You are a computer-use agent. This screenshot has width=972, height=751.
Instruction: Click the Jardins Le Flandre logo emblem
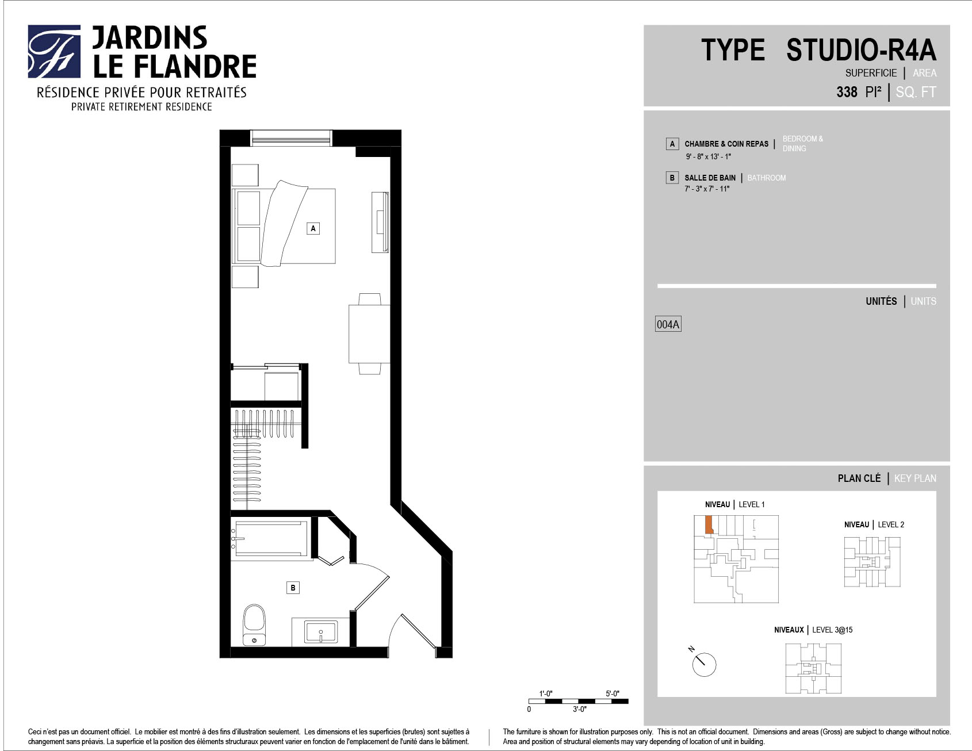pyautogui.click(x=54, y=51)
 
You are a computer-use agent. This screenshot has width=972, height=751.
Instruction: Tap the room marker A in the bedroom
pyautogui.click(x=313, y=228)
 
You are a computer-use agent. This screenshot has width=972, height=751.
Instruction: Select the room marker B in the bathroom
pyautogui.click(x=293, y=588)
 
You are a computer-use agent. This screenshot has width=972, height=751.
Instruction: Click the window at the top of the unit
pyautogui.click(x=292, y=138)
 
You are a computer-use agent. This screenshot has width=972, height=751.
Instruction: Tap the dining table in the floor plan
pyautogui.click(x=369, y=334)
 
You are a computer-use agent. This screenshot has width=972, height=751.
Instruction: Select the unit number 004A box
pyautogui.click(x=668, y=324)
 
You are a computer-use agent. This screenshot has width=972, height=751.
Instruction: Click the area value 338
pyautogui.click(x=847, y=92)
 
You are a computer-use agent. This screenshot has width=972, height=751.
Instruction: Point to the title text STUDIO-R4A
pyautogui.click(x=861, y=50)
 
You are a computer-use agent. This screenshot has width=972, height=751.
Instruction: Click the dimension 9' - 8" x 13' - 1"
pyautogui.click(x=708, y=156)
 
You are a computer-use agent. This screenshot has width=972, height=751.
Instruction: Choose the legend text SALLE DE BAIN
pyautogui.click(x=710, y=178)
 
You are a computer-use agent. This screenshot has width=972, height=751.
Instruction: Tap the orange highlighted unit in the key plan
pyautogui.click(x=709, y=524)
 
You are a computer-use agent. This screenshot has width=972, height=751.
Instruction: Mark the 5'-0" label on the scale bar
pyautogui.click(x=613, y=693)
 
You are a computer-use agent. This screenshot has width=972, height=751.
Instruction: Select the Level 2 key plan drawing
pyautogui.click(x=872, y=562)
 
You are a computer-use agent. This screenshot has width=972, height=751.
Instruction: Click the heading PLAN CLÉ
pyautogui.click(x=859, y=478)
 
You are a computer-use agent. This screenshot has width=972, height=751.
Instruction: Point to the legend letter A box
pyautogui.click(x=672, y=144)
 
